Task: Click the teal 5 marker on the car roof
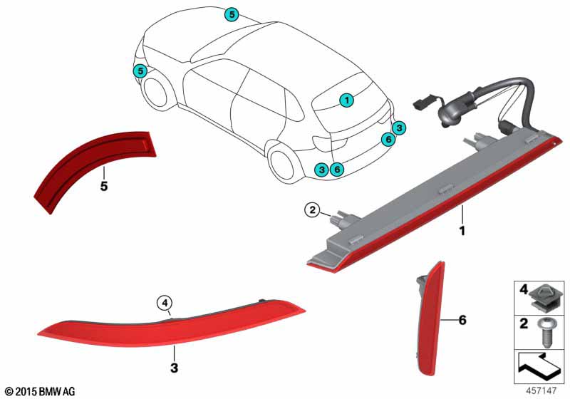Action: click(x=232, y=14)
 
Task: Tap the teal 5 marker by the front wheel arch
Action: click(x=140, y=71)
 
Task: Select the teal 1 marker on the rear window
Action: click(x=347, y=100)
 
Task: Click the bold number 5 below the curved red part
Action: click(x=104, y=187)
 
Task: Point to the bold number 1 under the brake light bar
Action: click(x=462, y=231)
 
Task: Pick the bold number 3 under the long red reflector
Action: click(x=174, y=368)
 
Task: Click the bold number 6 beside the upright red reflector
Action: click(x=462, y=320)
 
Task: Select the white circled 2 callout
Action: click(x=312, y=209)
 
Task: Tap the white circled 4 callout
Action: click(x=165, y=302)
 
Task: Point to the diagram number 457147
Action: click(x=541, y=390)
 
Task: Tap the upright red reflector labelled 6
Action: click(x=432, y=320)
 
